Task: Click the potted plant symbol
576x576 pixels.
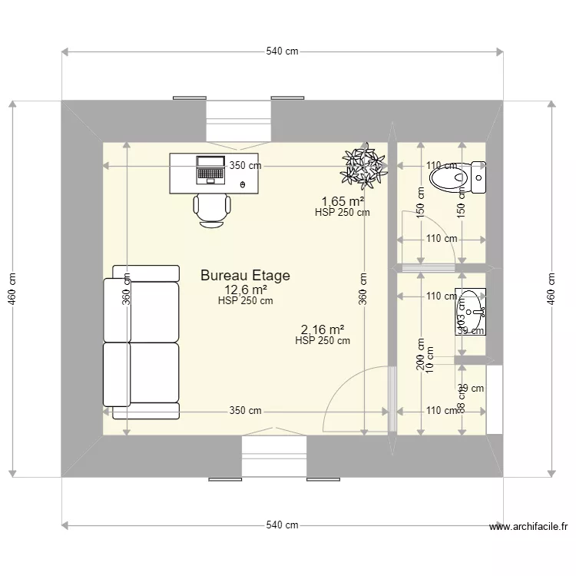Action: pos(363,166)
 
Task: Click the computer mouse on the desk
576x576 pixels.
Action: pos(243,185)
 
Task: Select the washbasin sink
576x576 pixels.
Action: pos(470,312)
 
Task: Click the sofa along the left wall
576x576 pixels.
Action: pos(141,342)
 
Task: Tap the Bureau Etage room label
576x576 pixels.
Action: pos(245,275)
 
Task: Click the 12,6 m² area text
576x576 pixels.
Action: pos(246,290)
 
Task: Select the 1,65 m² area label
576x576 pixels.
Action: pos(343,202)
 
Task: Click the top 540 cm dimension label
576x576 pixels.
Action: pos(282,52)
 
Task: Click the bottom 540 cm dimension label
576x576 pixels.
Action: pos(282,525)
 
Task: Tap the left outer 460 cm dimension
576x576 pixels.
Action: pos(12,289)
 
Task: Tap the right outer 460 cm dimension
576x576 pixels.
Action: pos(551,289)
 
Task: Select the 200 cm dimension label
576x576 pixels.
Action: pos(421,355)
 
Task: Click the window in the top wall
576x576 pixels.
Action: pos(238,120)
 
